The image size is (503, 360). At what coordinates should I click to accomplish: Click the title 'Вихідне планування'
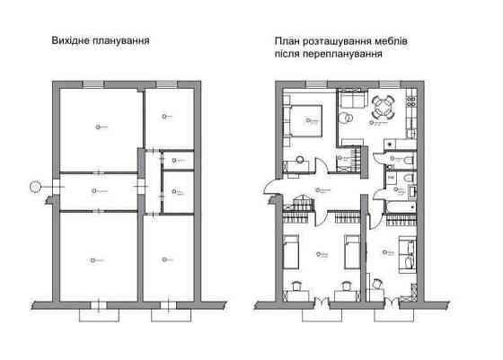[x=100, y=40]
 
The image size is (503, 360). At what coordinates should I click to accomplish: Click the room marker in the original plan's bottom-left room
[x=93, y=259]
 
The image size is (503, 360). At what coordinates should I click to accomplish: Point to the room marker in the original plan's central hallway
[x=94, y=191]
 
